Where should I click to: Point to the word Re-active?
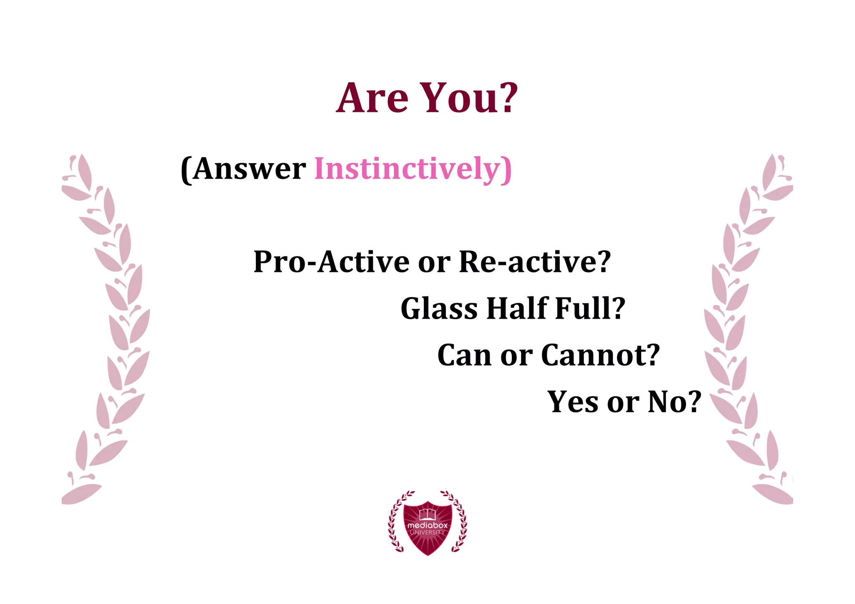[535, 262]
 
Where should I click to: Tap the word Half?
[517, 309]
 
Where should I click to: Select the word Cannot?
[600, 355]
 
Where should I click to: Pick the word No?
[674, 402]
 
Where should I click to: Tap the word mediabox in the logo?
[427, 525]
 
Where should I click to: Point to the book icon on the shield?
[427, 514]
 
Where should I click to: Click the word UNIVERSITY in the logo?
[427, 533]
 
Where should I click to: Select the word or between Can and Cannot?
[516, 355]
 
